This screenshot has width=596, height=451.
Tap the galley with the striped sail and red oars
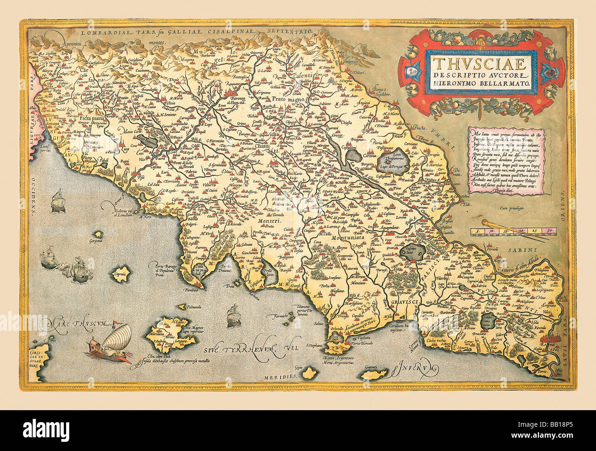point(108,344)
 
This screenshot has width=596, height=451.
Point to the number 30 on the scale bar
point(550,230)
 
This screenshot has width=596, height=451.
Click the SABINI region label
point(522,250)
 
